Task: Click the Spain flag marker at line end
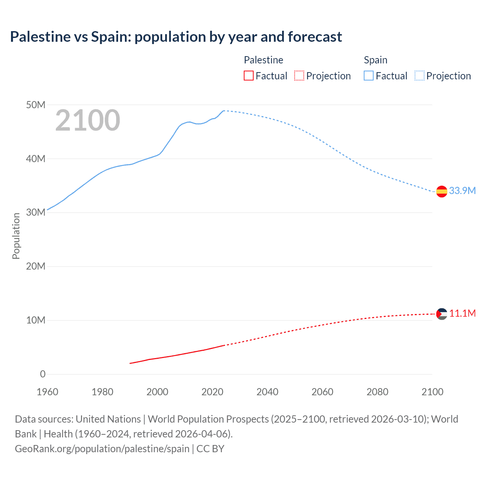tap(442, 192)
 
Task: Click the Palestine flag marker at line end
tap(442, 314)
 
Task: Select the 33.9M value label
tap(462, 191)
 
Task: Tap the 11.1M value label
tap(462, 313)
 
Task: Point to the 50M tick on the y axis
tap(36, 105)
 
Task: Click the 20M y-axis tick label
tap(36, 266)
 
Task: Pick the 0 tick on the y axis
tap(43, 374)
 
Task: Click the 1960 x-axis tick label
tap(47, 392)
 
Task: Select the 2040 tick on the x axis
tap(267, 392)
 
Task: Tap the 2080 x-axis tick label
tap(377, 392)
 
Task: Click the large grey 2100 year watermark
tap(88, 120)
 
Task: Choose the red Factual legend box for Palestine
tap(248, 76)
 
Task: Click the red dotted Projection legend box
tap(299, 76)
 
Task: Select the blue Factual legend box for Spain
tap(368, 76)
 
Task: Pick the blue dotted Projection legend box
tap(420, 76)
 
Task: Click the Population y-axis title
tap(16, 236)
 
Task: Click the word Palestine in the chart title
tap(40, 37)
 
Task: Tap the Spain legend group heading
tap(376, 60)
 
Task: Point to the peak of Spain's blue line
tap(224, 110)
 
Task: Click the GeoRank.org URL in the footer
tap(102, 449)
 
